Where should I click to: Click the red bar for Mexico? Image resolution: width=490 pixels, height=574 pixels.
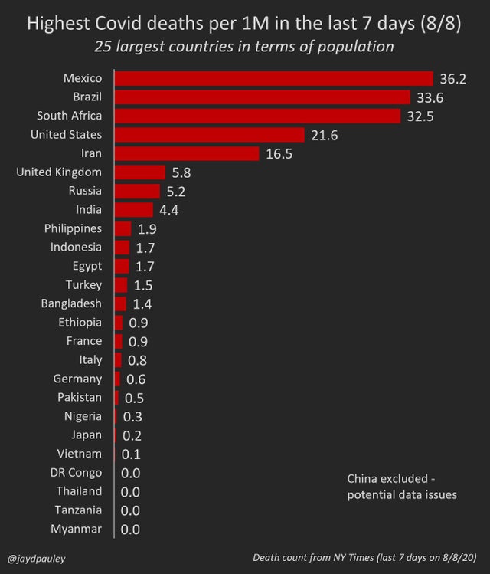(x=274, y=78)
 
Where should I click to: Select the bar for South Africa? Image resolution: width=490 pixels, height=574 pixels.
(x=257, y=116)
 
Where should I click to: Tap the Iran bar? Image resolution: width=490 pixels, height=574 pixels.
(x=187, y=153)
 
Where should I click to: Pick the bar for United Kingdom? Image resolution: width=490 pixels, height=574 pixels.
(x=140, y=172)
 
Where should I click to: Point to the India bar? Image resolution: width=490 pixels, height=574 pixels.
(x=134, y=210)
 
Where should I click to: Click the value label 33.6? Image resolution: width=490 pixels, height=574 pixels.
(x=429, y=97)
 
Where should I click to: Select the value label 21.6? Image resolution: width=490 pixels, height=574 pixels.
(x=325, y=135)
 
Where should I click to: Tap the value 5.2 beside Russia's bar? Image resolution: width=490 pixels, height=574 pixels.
(x=175, y=192)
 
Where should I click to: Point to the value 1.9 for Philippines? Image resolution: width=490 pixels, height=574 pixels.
(x=148, y=229)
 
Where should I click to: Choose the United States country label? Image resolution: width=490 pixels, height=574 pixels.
(x=66, y=134)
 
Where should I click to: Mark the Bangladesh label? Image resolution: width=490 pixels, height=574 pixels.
(x=71, y=303)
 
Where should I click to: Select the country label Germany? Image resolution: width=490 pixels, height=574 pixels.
(x=77, y=379)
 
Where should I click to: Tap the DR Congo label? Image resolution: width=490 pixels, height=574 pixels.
(x=76, y=473)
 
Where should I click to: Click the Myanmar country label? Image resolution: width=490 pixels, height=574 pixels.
(x=76, y=529)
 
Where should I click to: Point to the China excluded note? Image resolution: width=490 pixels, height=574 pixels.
(x=402, y=487)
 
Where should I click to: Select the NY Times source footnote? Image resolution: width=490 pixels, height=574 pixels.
(x=365, y=558)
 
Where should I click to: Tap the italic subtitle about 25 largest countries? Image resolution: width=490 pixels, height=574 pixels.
(x=244, y=47)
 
